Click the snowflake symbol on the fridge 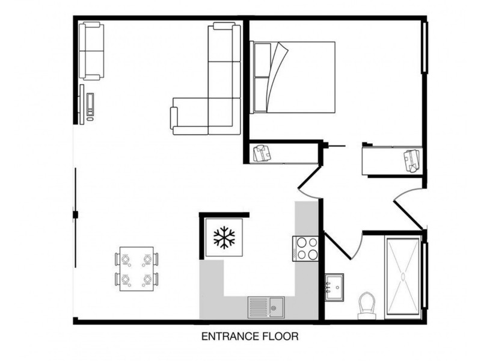point(224,238)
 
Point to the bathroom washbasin point(334,287)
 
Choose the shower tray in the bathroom point(403,276)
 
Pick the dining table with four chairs point(136,269)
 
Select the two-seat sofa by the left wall point(92,51)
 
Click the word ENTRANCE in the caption point(224,336)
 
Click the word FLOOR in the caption point(278,336)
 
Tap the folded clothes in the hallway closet point(262,153)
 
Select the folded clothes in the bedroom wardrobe point(412,161)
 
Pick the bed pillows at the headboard point(261,77)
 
